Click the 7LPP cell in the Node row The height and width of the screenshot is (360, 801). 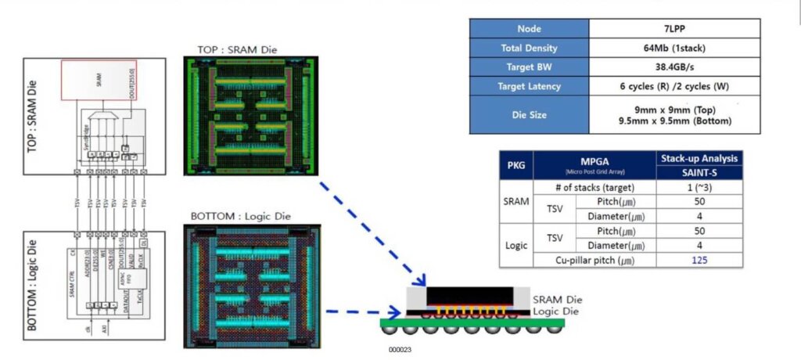(x=673, y=28)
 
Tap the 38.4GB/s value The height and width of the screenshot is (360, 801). (x=673, y=67)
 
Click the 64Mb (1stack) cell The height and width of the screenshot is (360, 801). (x=673, y=48)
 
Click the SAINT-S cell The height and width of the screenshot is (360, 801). (x=699, y=173)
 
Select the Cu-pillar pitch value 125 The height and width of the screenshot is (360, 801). (x=699, y=260)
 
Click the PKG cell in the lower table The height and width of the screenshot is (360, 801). (x=517, y=166)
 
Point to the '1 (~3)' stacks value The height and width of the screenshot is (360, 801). (x=699, y=187)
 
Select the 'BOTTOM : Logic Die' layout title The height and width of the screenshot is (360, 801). (x=239, y=216)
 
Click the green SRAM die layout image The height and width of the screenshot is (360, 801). (x=252, y=118)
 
